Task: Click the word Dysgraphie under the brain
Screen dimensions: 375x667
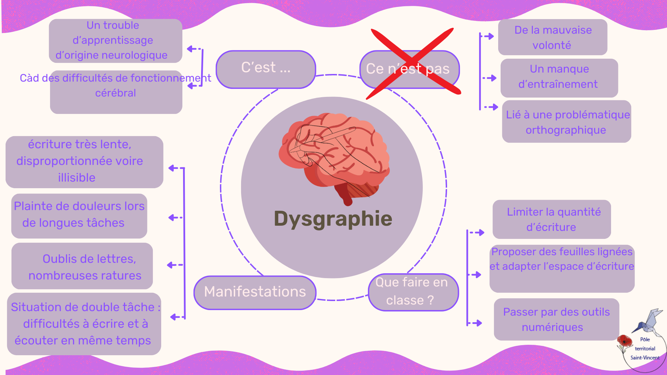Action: click(x=333, y=219)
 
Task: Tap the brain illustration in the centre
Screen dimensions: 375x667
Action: click(x=333, y=156)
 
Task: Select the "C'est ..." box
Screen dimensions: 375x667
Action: click(x=266, y=69)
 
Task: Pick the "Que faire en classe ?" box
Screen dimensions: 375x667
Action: click(x=413, y=292)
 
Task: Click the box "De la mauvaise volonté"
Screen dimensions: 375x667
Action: click(x=553, y=37)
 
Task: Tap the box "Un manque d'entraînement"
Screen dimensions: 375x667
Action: click(x=559, y=77)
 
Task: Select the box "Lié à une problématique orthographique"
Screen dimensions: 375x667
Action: click(x=567, y=122)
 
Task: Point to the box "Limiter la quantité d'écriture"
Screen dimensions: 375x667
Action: click(x=552, y=219)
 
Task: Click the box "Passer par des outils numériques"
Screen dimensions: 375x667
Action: click(x=556, y=319)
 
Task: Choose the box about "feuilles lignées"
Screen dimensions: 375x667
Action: click(x=562, y=268)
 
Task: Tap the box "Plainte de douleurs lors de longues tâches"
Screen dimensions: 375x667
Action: click(x=79, y=216)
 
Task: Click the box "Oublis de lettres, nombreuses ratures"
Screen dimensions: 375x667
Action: click(x=82, y=266)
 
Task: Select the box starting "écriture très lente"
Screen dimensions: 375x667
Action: click(x=84, y=162)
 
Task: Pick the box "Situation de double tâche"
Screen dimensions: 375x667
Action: click(x=84, y=324)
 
